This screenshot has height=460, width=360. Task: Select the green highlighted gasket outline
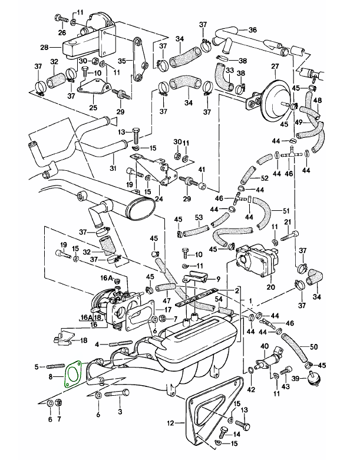click(72, 375)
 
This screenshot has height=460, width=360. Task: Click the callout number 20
click(270, 287)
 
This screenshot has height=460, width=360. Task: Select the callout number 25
click(93, 107)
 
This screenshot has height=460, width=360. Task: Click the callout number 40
click(264, 346)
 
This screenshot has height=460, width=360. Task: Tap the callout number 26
click(62, 32)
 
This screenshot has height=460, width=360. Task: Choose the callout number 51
click(287, 211)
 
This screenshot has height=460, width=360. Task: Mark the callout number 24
click(158, 198)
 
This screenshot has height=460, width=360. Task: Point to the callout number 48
click(318, 100)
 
